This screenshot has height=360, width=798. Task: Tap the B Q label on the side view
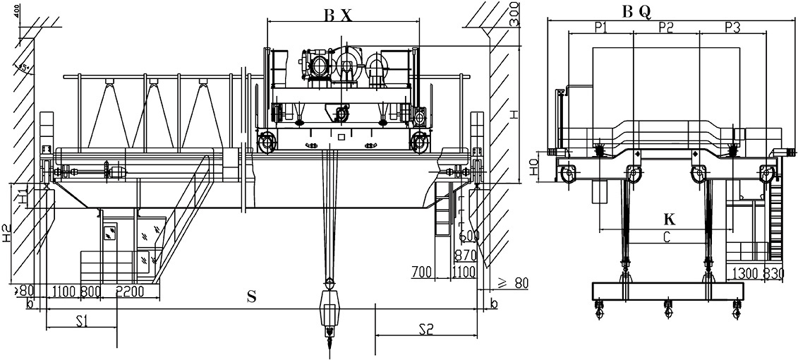click(x=637, y=11)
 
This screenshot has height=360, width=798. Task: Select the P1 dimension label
click(x=602, y=28)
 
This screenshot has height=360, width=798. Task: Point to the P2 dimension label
click(x=666, y=28)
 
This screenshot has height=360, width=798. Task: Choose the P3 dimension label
click(x=732, y=28)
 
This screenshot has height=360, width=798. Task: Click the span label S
click(x=251, y=297)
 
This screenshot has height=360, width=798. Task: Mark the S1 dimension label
click(x=81, y=322)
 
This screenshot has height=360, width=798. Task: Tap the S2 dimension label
click(x=425, y=328)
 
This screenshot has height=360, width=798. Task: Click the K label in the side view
click(x=669, y=220)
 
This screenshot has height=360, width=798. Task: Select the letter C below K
click(x=666, y=238)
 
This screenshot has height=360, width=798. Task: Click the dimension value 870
click(x=466, y=255)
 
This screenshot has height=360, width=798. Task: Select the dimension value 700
click(x=421, y=271)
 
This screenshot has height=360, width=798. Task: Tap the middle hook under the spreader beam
click(x=667, y=308)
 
